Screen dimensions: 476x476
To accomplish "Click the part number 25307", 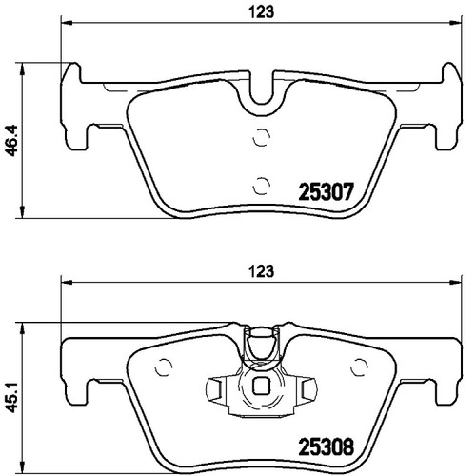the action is (x=326, y=192).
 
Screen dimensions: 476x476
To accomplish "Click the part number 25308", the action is (x=327, y=446).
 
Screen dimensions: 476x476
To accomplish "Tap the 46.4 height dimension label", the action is (x=11, y=140).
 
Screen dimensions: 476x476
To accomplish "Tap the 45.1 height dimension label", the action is (x=11, y=397).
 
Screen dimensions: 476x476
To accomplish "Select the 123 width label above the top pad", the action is (x=261, y=12).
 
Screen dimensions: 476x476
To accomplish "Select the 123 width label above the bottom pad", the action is (x=261, y=271).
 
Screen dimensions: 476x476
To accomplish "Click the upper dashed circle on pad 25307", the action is (x=262, y=137).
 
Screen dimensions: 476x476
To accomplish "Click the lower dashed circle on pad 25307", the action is (x=262, y=186).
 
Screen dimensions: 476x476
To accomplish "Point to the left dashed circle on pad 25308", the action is (x=163, y=367).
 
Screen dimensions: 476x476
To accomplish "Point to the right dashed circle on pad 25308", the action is (x=359, y=367).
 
